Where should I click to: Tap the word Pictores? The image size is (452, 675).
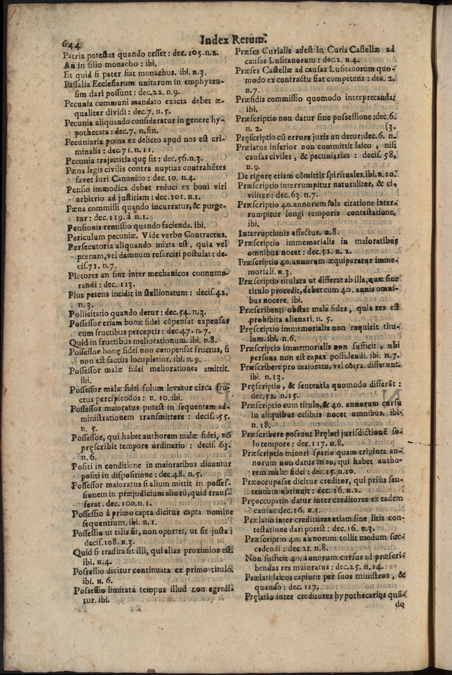pos(85,275)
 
